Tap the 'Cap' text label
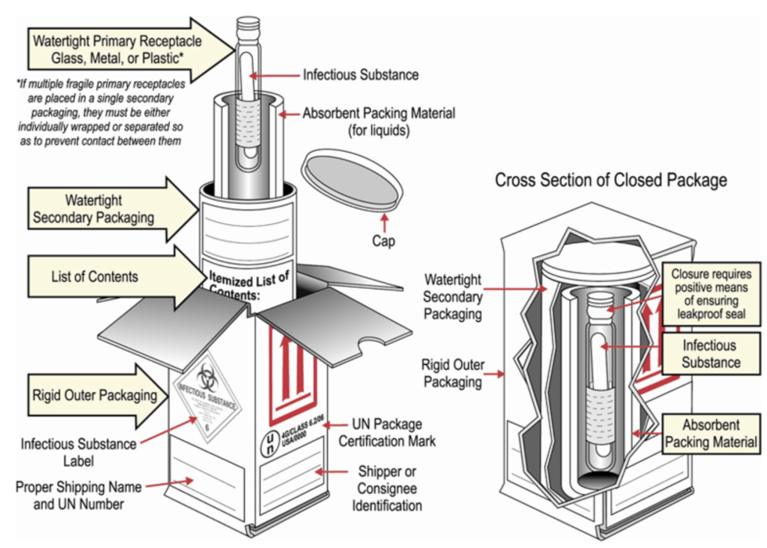[x=383, y=242]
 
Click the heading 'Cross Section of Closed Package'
[x=610, y=181]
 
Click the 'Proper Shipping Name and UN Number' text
[x=79, y=496]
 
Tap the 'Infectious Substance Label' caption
[x=79, y=452]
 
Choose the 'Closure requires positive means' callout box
[x=710, y=294]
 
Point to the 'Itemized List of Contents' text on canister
[x=249, y=286]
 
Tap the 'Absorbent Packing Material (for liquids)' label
[x=379, y=122]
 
